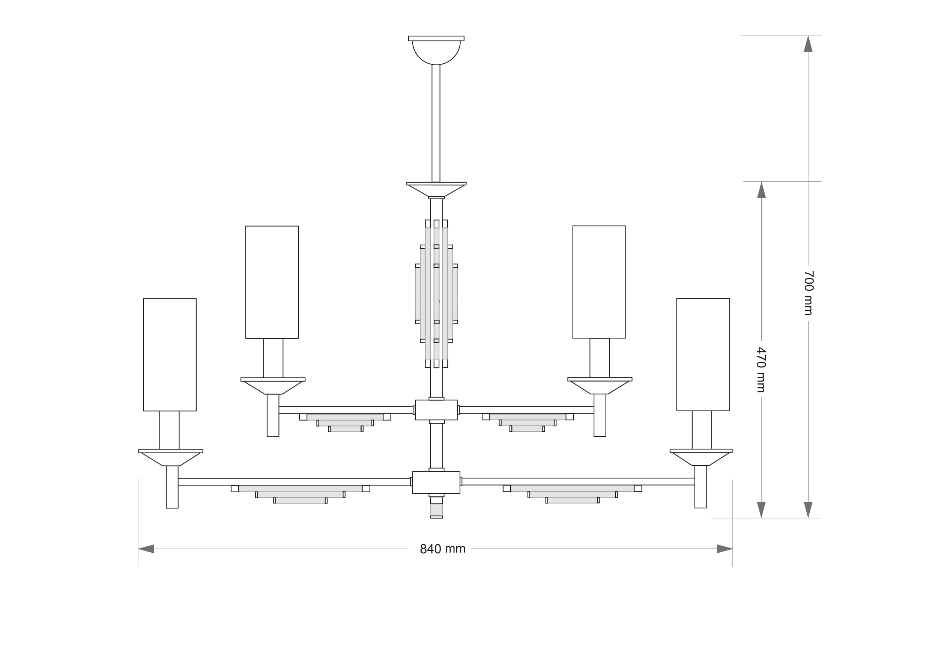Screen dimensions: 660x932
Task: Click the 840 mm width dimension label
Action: [x=442, y=549]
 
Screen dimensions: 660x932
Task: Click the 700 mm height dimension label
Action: [x=809, y=293]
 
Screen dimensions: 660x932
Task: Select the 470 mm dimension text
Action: [x=761, y=370]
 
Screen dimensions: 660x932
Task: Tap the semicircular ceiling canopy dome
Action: [x=436, y=52]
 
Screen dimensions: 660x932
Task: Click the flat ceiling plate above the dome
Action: [x=436, y=38]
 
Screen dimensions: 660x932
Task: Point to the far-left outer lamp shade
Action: [x=170, y=355]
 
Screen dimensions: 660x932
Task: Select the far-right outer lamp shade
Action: [x=703, y=355]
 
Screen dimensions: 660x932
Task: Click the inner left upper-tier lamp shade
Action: [x=272, y=282]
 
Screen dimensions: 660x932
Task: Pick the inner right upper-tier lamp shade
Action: [x=599, y=282]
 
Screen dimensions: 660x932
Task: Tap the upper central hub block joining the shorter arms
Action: [x=436, y=410]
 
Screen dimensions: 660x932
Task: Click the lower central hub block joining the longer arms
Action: [x=436, y=483]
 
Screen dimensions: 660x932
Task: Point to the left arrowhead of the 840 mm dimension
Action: [x=146, y=549]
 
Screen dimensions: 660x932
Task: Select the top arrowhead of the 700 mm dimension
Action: [x=808, y=44]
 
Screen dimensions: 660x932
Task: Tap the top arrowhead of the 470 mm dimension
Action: [x=761, y=190]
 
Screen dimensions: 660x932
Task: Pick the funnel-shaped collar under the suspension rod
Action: [x=436, y=190]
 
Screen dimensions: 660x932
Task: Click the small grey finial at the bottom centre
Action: [x=436, y=510]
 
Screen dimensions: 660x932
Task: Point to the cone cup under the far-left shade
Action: [x=171, y=459]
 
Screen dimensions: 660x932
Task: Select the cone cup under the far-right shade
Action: [x=701, y=459]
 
